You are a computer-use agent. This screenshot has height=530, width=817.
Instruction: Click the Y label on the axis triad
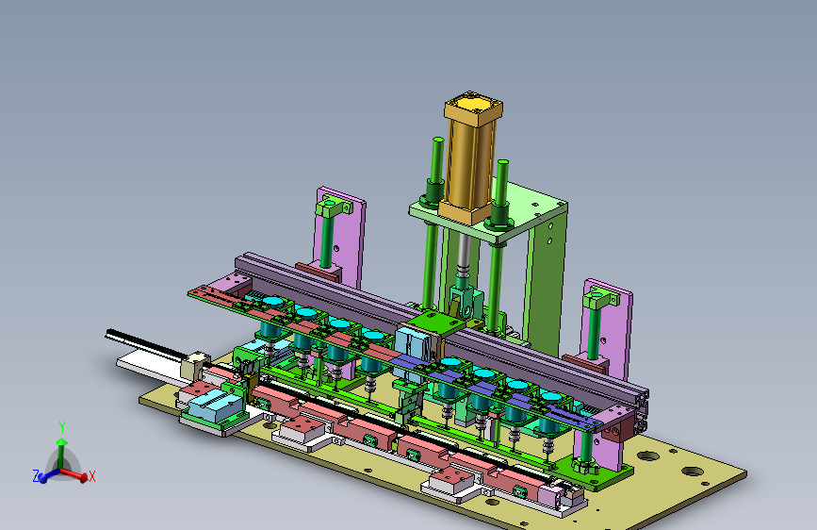pyautogui.click(x=62, y=427)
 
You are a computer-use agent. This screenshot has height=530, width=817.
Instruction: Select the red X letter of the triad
pyautogui.click(x=92, y=475)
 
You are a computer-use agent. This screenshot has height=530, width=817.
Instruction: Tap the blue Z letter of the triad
pyautogui.click(x=36, y=475)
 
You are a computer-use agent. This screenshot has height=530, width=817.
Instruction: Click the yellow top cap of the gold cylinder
pyautogui.click(x=473, y=105)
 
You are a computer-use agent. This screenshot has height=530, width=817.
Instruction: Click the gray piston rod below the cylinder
pyautogui.click(x=464, y=252)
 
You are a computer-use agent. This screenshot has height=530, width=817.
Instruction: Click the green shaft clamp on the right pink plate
pyautogui.click(x=601, y=299)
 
